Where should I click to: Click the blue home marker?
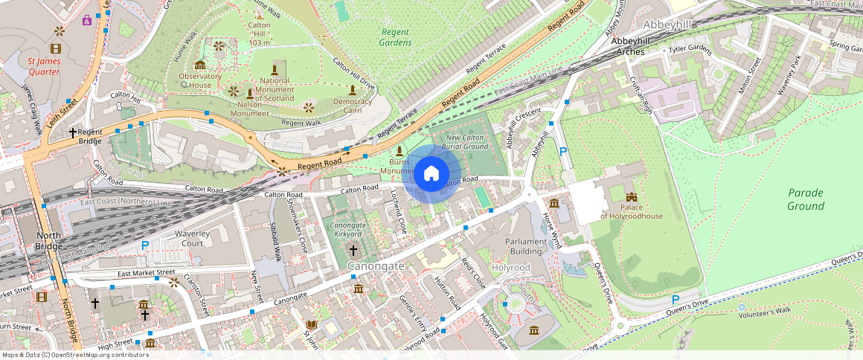tap(431, 174)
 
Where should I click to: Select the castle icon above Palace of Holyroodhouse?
tap(632, 198)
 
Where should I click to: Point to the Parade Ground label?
tap(806, 199)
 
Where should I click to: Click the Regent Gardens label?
tap(396, 37)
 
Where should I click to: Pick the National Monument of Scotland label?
tap(275, 90)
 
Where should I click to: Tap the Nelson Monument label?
tap(248, 109)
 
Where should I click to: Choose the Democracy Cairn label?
tap(352, 106)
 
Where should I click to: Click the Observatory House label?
tap(200, 80)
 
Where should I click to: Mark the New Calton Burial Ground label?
tap(466, 142)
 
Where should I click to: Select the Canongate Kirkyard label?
tap(346, 230)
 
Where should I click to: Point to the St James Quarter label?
tap(43, 67)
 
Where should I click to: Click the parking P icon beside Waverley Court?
tap(145, 245)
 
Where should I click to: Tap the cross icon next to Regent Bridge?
tap(73, 132)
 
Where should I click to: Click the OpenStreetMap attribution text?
tap(75, 355)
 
